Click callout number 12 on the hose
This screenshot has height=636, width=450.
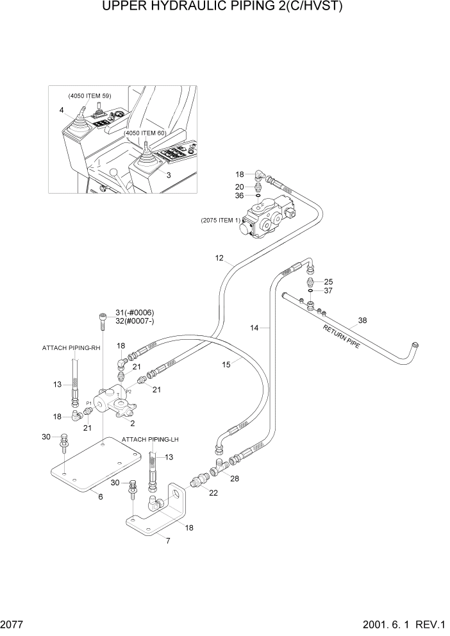pos(219,259)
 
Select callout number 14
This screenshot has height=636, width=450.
pos(254,328)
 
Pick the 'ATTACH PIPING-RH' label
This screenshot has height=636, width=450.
pos(71,347)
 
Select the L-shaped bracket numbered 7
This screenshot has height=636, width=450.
pos(154,523)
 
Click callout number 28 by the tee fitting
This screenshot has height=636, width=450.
pos(235,479)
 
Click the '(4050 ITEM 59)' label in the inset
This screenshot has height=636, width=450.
pos(90,96)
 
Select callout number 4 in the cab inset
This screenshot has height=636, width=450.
pos(62,110)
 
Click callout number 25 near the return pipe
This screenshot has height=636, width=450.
pos(328,281)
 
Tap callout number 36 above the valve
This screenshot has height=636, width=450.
pos(238,196)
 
